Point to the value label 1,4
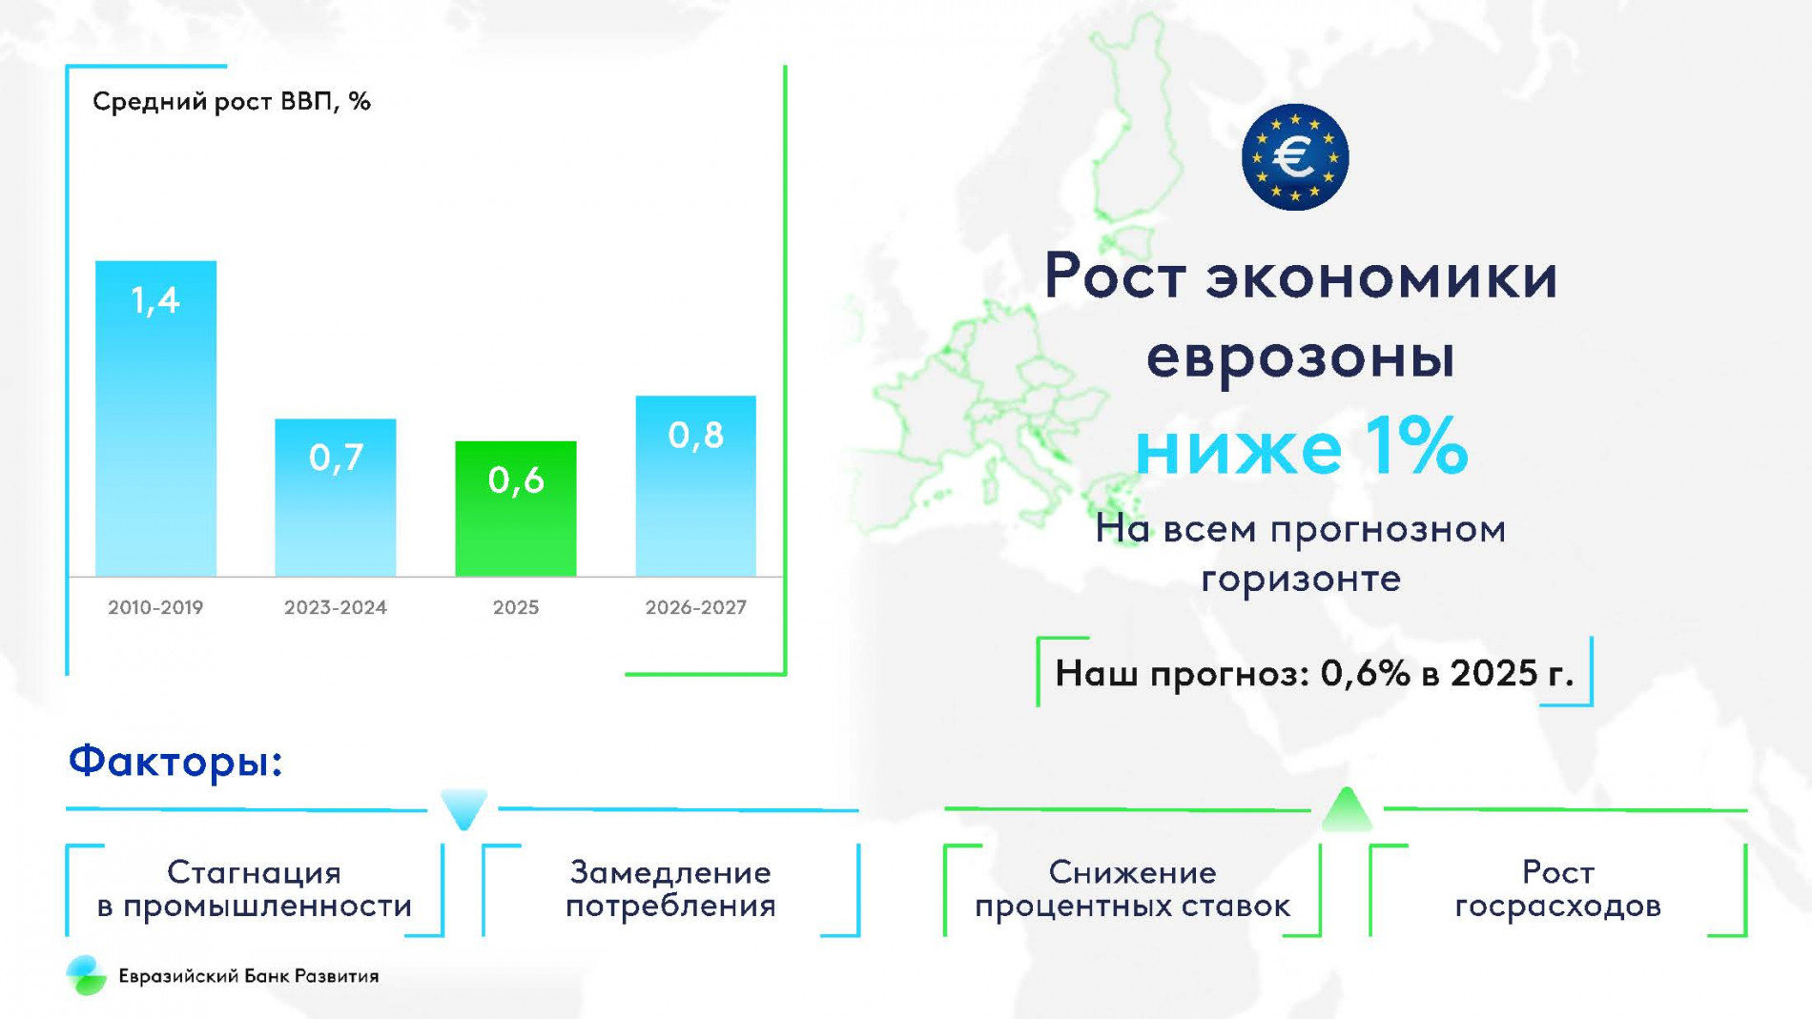[155, 301]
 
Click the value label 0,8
[695, 436]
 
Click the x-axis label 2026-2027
[695, 607]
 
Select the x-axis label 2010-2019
[155, 607]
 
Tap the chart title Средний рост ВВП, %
[231, 101]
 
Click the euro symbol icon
[1294, 157]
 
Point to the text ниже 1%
[1301, 446]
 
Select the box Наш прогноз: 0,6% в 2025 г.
[1313, 673]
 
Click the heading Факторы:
[175, 762]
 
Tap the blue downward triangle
[464, 808]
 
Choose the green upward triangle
[1346, 809]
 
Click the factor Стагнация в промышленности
[254, 888]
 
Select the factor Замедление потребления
[670, 888]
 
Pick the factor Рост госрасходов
[1557, 888]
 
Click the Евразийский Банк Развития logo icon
[86, 975]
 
